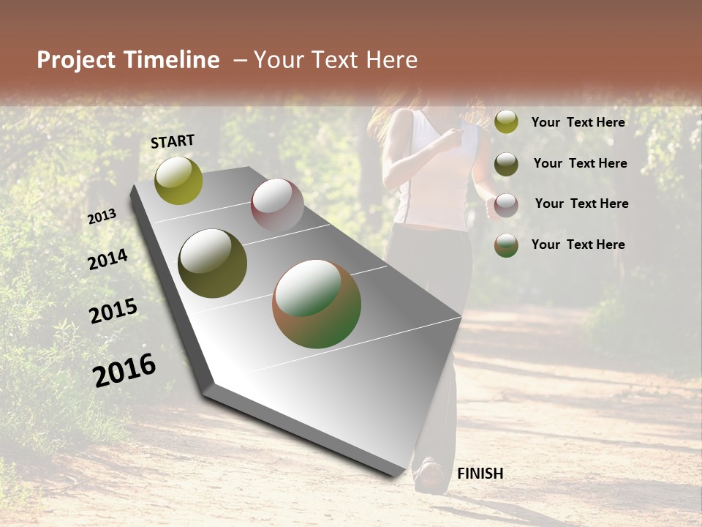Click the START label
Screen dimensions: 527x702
tap(173, 141)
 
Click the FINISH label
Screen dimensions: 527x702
tap(480, 474)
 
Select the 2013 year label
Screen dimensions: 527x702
tap(102, 217)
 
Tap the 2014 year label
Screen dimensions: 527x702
tap(107, 260)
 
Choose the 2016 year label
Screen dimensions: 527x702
tap(124, 370)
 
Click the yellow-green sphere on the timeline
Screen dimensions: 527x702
tap(178, 180)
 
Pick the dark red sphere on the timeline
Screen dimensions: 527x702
tap(277, 205)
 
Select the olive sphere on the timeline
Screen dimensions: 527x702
tap(212, 263)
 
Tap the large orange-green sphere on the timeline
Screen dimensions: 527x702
tap(317, 304)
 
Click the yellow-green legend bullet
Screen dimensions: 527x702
tap(506, 122)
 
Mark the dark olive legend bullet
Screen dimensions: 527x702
tap(506, 163)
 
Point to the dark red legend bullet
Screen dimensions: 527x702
tap(506, 204)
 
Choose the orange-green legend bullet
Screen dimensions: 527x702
tap(506, 245)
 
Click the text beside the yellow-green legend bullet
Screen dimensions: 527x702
tap(578, 122)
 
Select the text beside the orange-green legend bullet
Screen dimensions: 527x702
tap(578, 244)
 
